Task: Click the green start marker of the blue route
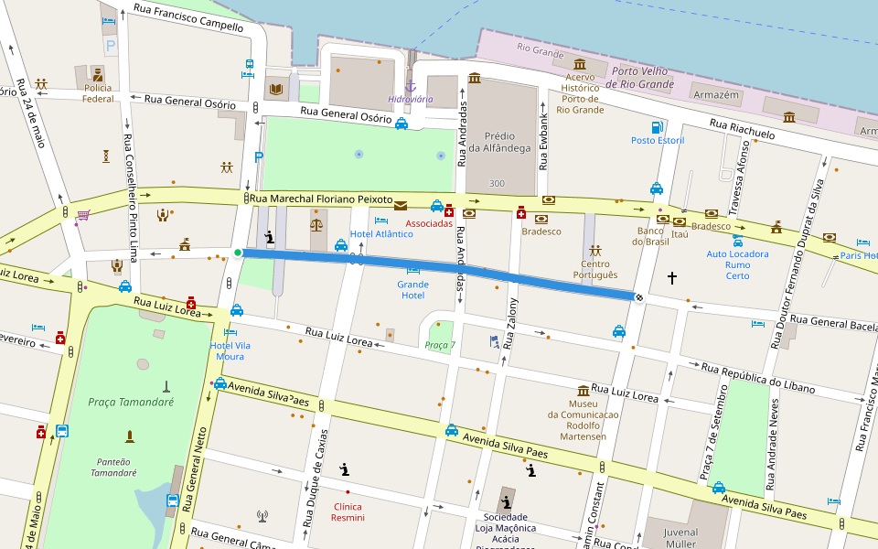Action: point(238,253)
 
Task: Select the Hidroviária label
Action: point(411,99)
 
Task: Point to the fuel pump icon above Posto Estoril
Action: point(656,127)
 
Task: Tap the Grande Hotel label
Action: point(412,290)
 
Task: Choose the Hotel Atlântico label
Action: point(381,234)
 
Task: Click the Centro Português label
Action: point(595,269)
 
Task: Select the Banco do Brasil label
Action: point(651,237)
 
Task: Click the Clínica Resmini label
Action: point(348,512)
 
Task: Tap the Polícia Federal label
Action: point(98,93)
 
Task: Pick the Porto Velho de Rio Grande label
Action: point(642,78)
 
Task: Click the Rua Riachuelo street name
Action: point(741,129)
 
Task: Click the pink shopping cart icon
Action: point(83,215)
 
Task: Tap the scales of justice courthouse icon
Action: point(316,223)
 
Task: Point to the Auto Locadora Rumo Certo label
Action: point(737,264)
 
